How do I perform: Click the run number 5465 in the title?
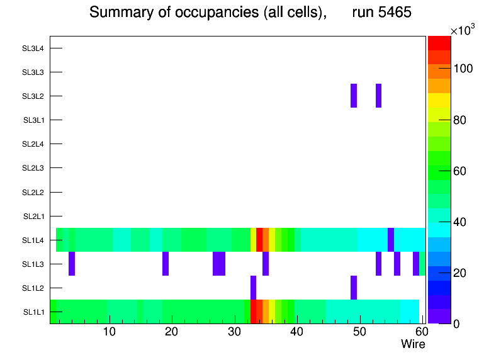tap(382, 12)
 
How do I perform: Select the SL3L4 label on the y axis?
tap(33, 48)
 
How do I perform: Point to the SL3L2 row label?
tap(33, 96)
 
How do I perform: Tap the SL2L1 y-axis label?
tap(33, 217)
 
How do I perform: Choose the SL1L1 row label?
tap(33, 312)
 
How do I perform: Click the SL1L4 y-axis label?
tap(33, 240)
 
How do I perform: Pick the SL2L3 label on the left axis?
tap(33, 168)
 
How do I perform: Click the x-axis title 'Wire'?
tap(413, 344)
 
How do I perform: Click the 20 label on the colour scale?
tap(463, 273)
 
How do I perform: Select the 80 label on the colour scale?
tap(463, 120)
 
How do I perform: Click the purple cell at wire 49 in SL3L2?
tap(354, 96)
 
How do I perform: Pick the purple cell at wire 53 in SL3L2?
tap(379, 96)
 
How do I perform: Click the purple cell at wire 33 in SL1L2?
tap(254, 288)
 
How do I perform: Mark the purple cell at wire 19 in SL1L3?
tap(166, 264)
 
